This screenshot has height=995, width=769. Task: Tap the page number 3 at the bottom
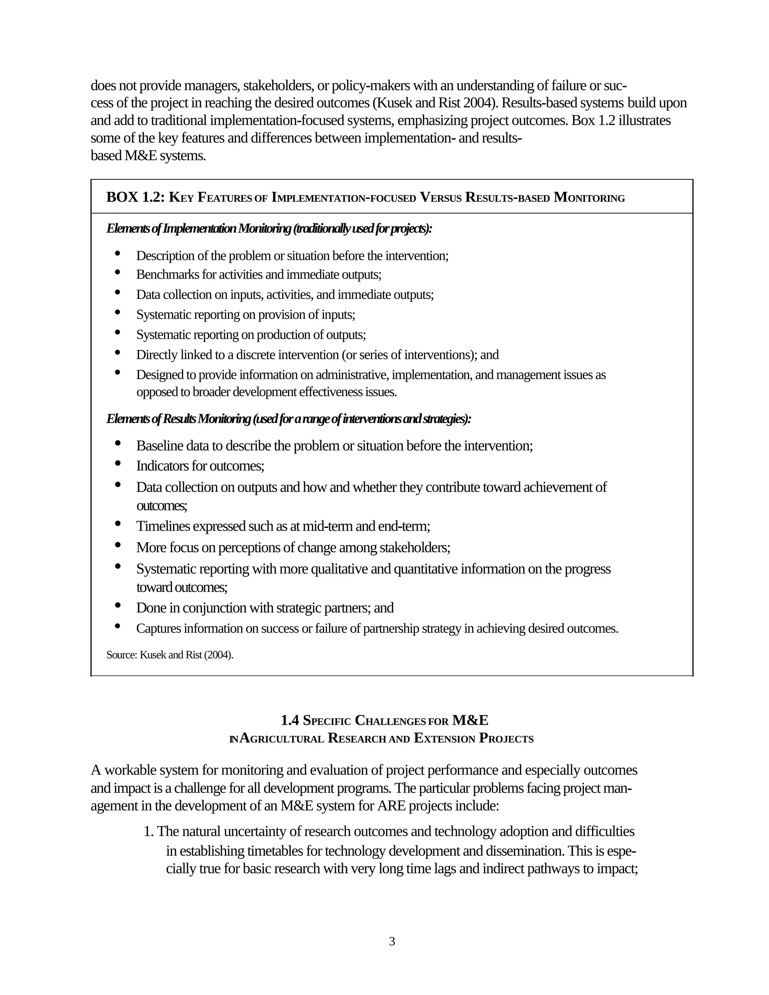pos(392,941)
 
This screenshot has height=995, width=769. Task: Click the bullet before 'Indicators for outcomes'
pos(118,463)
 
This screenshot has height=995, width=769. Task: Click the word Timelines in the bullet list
pos(163,526)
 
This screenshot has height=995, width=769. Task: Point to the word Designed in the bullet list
pos(158,375)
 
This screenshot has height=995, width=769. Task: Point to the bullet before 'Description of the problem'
pos(118,253)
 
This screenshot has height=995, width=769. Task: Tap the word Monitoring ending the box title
pos(589,198)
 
